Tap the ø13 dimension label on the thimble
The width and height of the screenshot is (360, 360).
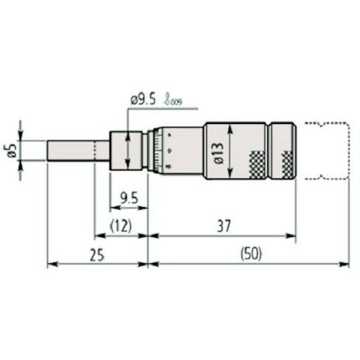[219, 154]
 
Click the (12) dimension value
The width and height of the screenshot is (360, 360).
[120, 225]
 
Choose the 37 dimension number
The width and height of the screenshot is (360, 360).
[223, 225]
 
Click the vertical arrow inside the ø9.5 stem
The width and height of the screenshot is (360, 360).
[129, 150]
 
